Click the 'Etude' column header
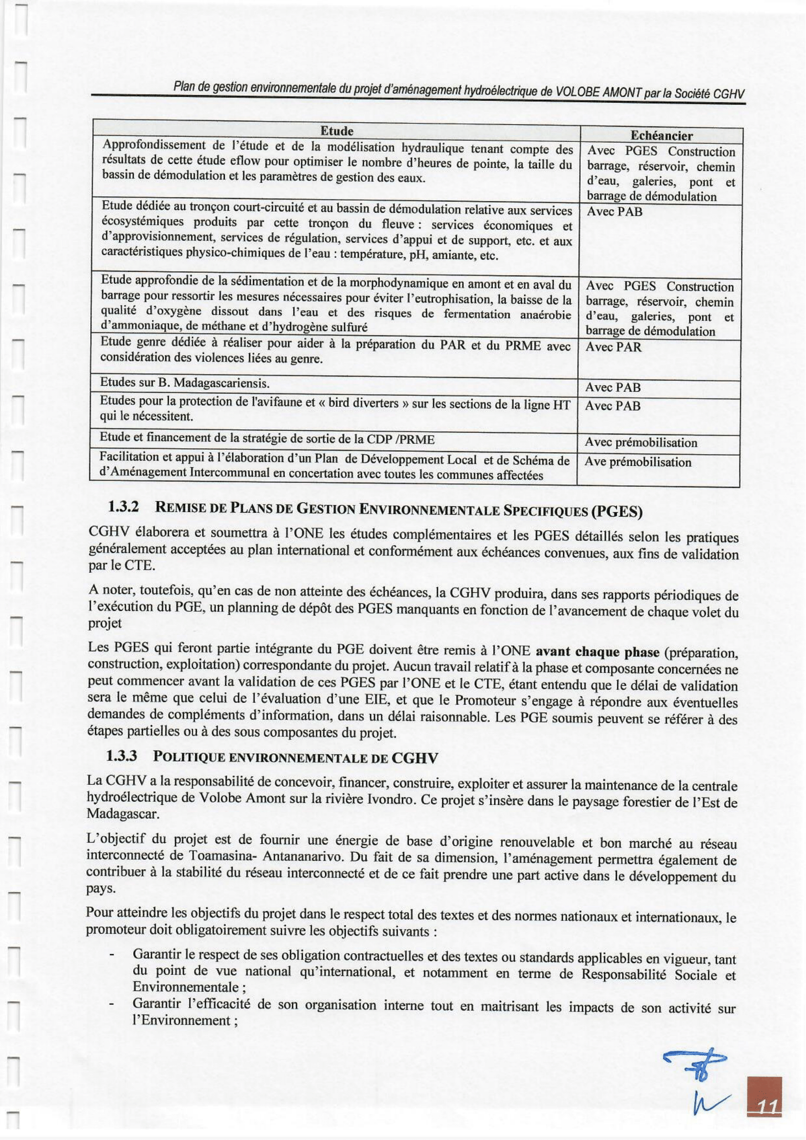point(336,131)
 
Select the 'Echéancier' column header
point(661,136)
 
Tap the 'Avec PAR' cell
point(613,347)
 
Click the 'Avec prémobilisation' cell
point(641,442)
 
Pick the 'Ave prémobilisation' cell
point(637,462)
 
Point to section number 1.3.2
point(123,507)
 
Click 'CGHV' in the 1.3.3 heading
point(414,758)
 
